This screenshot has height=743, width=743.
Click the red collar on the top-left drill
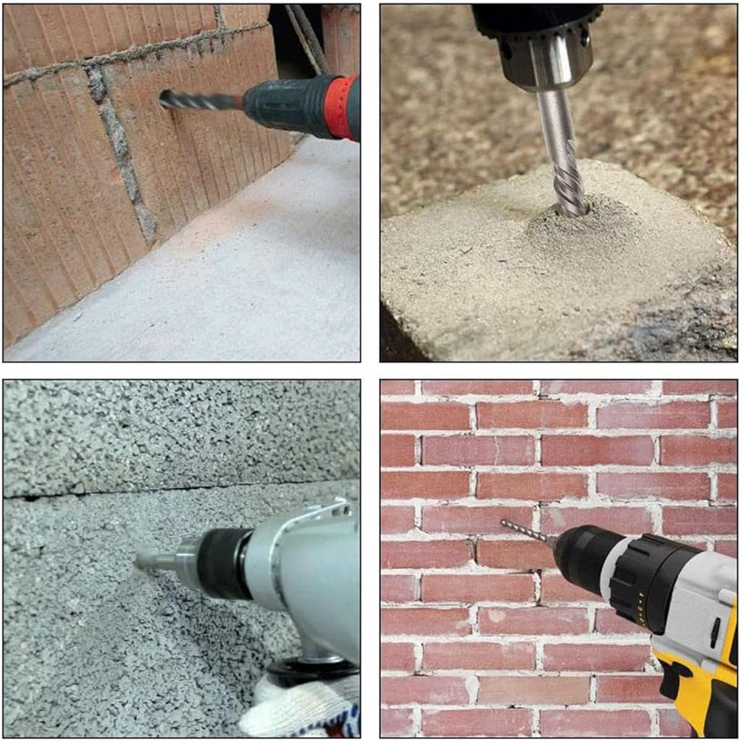click(341, 106)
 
